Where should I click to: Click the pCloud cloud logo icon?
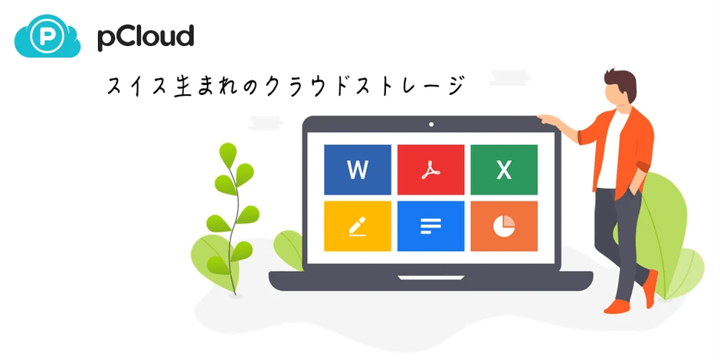click(47, 37)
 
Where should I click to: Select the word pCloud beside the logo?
click(145, 37)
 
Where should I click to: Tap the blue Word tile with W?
click(358, 169)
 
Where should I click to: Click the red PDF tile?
click(430, 169)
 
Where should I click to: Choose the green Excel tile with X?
click(503, 169)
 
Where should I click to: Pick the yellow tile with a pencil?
click(358, 226)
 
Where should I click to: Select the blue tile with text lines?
click(430, 226)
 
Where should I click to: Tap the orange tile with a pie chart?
click(503, 226)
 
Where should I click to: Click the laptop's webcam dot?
click(431, 123)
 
